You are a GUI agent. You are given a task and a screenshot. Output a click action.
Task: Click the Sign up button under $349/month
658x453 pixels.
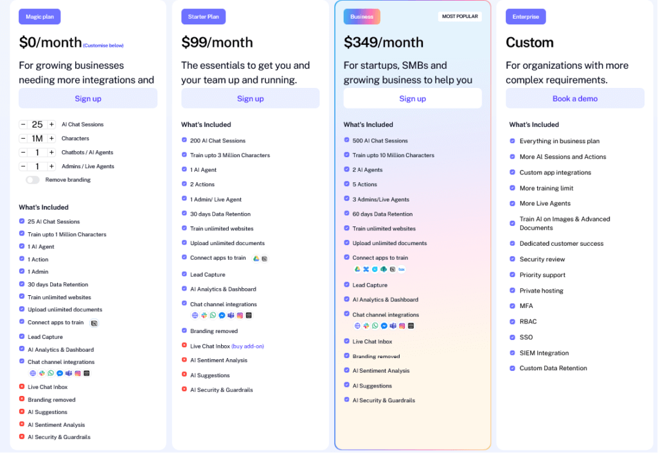point(413,98)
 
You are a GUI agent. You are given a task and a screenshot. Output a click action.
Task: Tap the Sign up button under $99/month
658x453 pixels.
point(250,98)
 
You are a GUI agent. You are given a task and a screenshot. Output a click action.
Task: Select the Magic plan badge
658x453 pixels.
point(39,17)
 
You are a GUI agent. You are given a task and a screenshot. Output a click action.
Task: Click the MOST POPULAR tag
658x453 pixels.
point(460,16)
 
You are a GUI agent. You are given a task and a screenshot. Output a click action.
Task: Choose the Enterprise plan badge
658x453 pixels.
point(526,17)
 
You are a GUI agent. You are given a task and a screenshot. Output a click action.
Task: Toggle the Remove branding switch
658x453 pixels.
point(33,180)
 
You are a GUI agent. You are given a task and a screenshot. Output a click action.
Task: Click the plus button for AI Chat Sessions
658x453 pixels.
point(51,124)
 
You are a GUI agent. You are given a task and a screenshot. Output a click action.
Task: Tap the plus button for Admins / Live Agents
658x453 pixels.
point(51,166)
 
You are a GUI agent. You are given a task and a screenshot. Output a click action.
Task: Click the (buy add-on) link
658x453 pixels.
point(247,346)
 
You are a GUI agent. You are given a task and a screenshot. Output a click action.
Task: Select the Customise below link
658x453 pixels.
point(103,46)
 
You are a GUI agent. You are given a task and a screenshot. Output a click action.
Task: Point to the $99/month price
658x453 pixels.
point(217,43)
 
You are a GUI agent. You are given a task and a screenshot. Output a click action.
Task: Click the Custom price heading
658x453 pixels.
point(529,43)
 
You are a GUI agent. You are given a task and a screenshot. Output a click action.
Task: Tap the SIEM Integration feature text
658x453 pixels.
point(544,353)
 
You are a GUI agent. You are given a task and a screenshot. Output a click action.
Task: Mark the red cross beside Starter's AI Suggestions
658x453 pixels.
point(184,375)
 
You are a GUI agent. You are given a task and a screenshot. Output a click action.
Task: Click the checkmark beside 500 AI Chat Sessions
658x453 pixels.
point(347,141)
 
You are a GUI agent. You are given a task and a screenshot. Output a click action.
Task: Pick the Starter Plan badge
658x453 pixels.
point(203,17)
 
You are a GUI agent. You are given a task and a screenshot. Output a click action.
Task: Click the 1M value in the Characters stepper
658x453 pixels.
point(37,139)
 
